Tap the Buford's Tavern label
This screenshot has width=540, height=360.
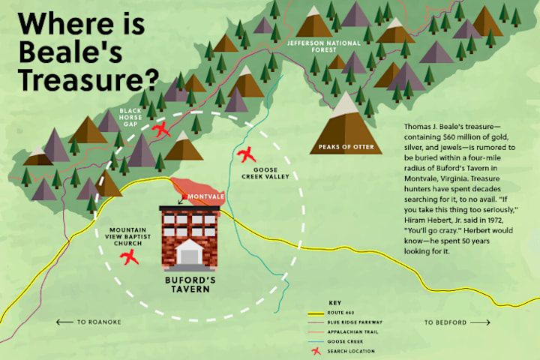[x=190, y=283]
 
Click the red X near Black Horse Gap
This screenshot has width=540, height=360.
[x=160, y=129]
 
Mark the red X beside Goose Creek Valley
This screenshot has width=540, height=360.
[x=245, y=155]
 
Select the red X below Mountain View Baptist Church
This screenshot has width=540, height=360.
[x=130, y=259]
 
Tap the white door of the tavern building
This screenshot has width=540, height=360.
[x=190, y=255]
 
